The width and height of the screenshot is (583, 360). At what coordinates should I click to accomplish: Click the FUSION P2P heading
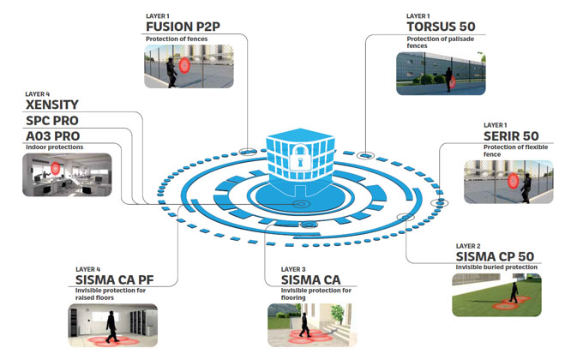(x=183, y=27)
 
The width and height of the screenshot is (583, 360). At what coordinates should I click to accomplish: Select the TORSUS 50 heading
(x=441, y=27)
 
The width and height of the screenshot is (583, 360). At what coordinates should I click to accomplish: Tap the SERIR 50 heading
(x=511, y=136)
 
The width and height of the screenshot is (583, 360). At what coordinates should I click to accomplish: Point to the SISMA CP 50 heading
(x=495, y=256)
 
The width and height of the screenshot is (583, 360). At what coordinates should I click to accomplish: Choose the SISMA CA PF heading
(x=115, y=279)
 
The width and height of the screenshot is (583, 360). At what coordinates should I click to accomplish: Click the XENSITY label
(x=52, y=105)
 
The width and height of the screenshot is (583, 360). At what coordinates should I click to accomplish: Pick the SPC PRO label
(x=52, y=121)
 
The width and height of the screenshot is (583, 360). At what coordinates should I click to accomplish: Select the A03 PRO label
(x=53, y=136)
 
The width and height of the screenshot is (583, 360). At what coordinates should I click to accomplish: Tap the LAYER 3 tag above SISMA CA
(x=293, y=269)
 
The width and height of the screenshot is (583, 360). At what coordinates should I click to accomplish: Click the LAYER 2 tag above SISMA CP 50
(x=468, y=246)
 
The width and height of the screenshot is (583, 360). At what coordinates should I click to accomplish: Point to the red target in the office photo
(x=56, y=169)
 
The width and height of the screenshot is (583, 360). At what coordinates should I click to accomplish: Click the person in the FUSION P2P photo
(x=171, y=73)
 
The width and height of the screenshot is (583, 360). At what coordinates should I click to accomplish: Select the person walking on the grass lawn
(x=514, y=292)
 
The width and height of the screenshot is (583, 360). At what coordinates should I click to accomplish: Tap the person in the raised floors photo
(x=111, y=327)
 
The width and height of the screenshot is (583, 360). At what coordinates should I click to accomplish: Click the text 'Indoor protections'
(x=54, y=147)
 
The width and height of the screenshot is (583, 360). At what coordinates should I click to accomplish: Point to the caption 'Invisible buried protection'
(x=496, y=267)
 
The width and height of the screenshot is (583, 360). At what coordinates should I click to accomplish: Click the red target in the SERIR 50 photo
(x=513, y=181)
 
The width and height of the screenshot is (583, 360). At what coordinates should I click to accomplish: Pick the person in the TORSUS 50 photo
(x=448, y=79)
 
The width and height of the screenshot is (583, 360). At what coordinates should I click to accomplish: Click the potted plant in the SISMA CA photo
(x=337, y=313)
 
